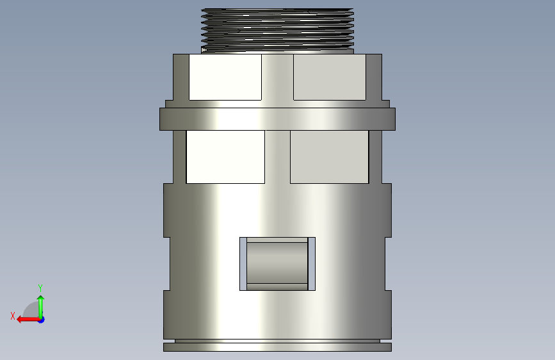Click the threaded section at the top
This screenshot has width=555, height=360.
point(278,31)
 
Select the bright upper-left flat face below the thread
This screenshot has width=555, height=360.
point(225,77)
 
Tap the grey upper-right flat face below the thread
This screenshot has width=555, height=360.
point(330,77)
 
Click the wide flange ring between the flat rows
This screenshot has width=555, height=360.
point(278,119)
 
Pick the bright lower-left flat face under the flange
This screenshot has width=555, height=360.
point(225,156)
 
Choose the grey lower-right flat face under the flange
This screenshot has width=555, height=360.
point(330,156)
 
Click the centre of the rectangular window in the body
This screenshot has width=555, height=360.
point(278,264)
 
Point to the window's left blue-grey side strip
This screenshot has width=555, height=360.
point(243,264)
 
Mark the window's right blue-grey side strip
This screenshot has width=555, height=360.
point(312,264)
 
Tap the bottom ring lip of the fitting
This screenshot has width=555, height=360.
point(278,347)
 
